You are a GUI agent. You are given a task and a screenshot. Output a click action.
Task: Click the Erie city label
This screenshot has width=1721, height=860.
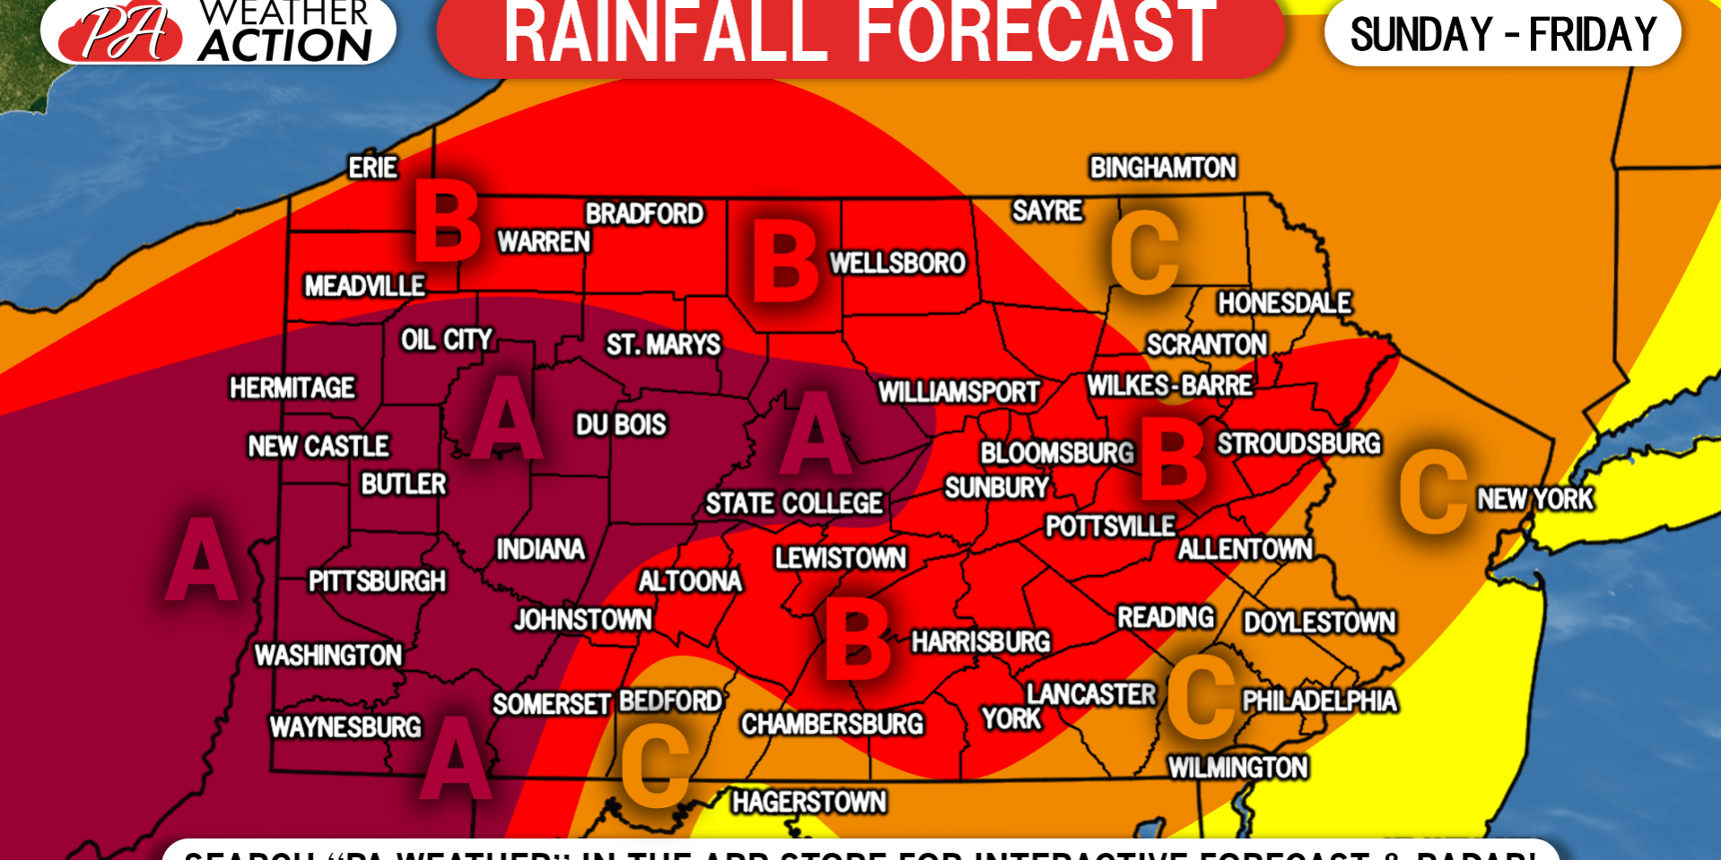372,168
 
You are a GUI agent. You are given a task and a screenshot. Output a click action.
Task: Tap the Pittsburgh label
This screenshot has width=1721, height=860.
377,581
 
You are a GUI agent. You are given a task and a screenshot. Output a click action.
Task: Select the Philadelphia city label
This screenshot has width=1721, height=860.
1319,700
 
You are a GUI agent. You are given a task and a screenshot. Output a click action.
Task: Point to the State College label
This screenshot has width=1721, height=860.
794,503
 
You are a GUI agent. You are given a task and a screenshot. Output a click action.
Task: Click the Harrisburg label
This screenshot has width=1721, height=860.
981,641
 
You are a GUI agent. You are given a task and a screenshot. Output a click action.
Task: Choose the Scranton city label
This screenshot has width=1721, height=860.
1207,344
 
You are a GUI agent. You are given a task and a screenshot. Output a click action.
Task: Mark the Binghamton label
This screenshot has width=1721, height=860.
1163,168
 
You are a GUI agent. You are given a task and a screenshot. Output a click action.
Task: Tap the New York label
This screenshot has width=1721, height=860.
1535,499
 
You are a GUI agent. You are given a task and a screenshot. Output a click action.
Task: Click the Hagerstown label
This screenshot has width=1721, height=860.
808,802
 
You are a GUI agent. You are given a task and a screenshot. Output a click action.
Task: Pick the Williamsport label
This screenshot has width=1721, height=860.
958,392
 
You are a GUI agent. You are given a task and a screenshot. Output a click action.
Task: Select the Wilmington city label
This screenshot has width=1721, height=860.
1237,768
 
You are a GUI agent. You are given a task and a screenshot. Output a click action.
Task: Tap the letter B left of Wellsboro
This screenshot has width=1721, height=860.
785,262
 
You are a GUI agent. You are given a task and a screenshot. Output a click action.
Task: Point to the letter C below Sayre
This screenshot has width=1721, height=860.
1145,254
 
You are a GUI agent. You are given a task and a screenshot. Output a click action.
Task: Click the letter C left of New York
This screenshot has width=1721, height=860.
1434,491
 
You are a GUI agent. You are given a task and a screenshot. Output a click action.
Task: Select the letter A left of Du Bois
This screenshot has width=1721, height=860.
507,418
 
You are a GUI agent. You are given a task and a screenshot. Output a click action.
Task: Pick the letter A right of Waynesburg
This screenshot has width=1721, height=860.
457,758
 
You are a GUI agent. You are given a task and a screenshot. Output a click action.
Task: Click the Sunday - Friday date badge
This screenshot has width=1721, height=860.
1503,34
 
